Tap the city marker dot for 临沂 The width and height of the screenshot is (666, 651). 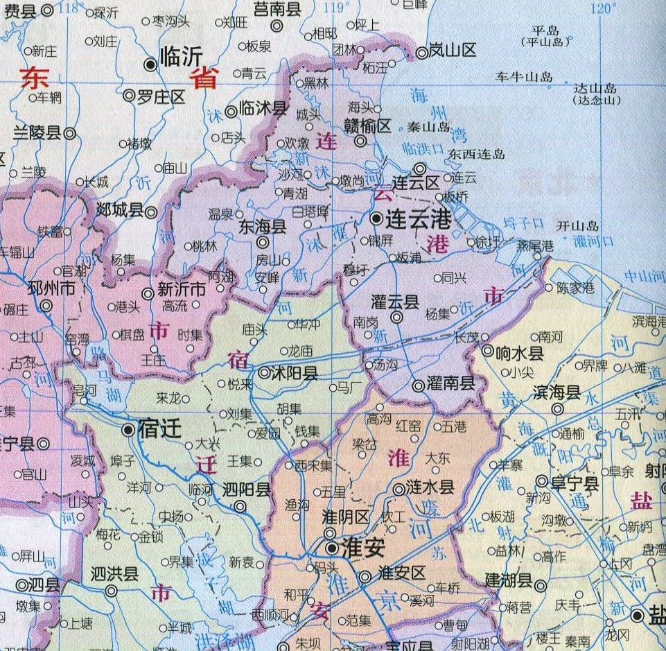[150, 64]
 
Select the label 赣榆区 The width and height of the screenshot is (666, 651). [369, 125]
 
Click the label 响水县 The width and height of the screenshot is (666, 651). [520, 353]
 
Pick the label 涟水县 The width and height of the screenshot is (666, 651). [430, 487]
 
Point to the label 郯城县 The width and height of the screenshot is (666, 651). [119, 210]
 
